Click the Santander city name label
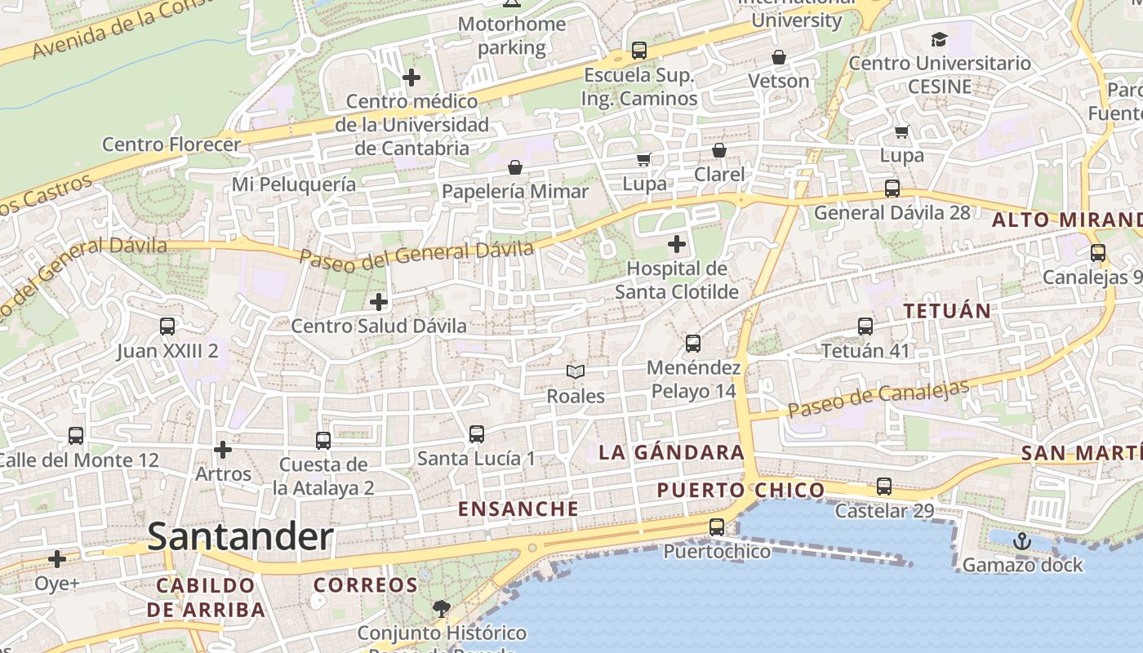241,537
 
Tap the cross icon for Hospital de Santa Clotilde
677,244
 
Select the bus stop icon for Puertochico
717,527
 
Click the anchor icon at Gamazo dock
1022,540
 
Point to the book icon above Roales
576,372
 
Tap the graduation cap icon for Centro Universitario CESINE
940,39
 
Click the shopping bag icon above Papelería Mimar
515,167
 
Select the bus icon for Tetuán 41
865,326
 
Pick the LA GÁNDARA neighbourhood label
672,452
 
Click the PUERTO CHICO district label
741,490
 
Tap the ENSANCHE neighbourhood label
518,509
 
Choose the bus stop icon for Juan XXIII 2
167,326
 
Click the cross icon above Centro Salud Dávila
379,302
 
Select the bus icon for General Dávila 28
892,189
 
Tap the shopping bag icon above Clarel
719,150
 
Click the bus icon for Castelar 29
884,486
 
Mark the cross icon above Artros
223,450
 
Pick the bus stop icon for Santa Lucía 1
477,434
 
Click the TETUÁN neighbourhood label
947,311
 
